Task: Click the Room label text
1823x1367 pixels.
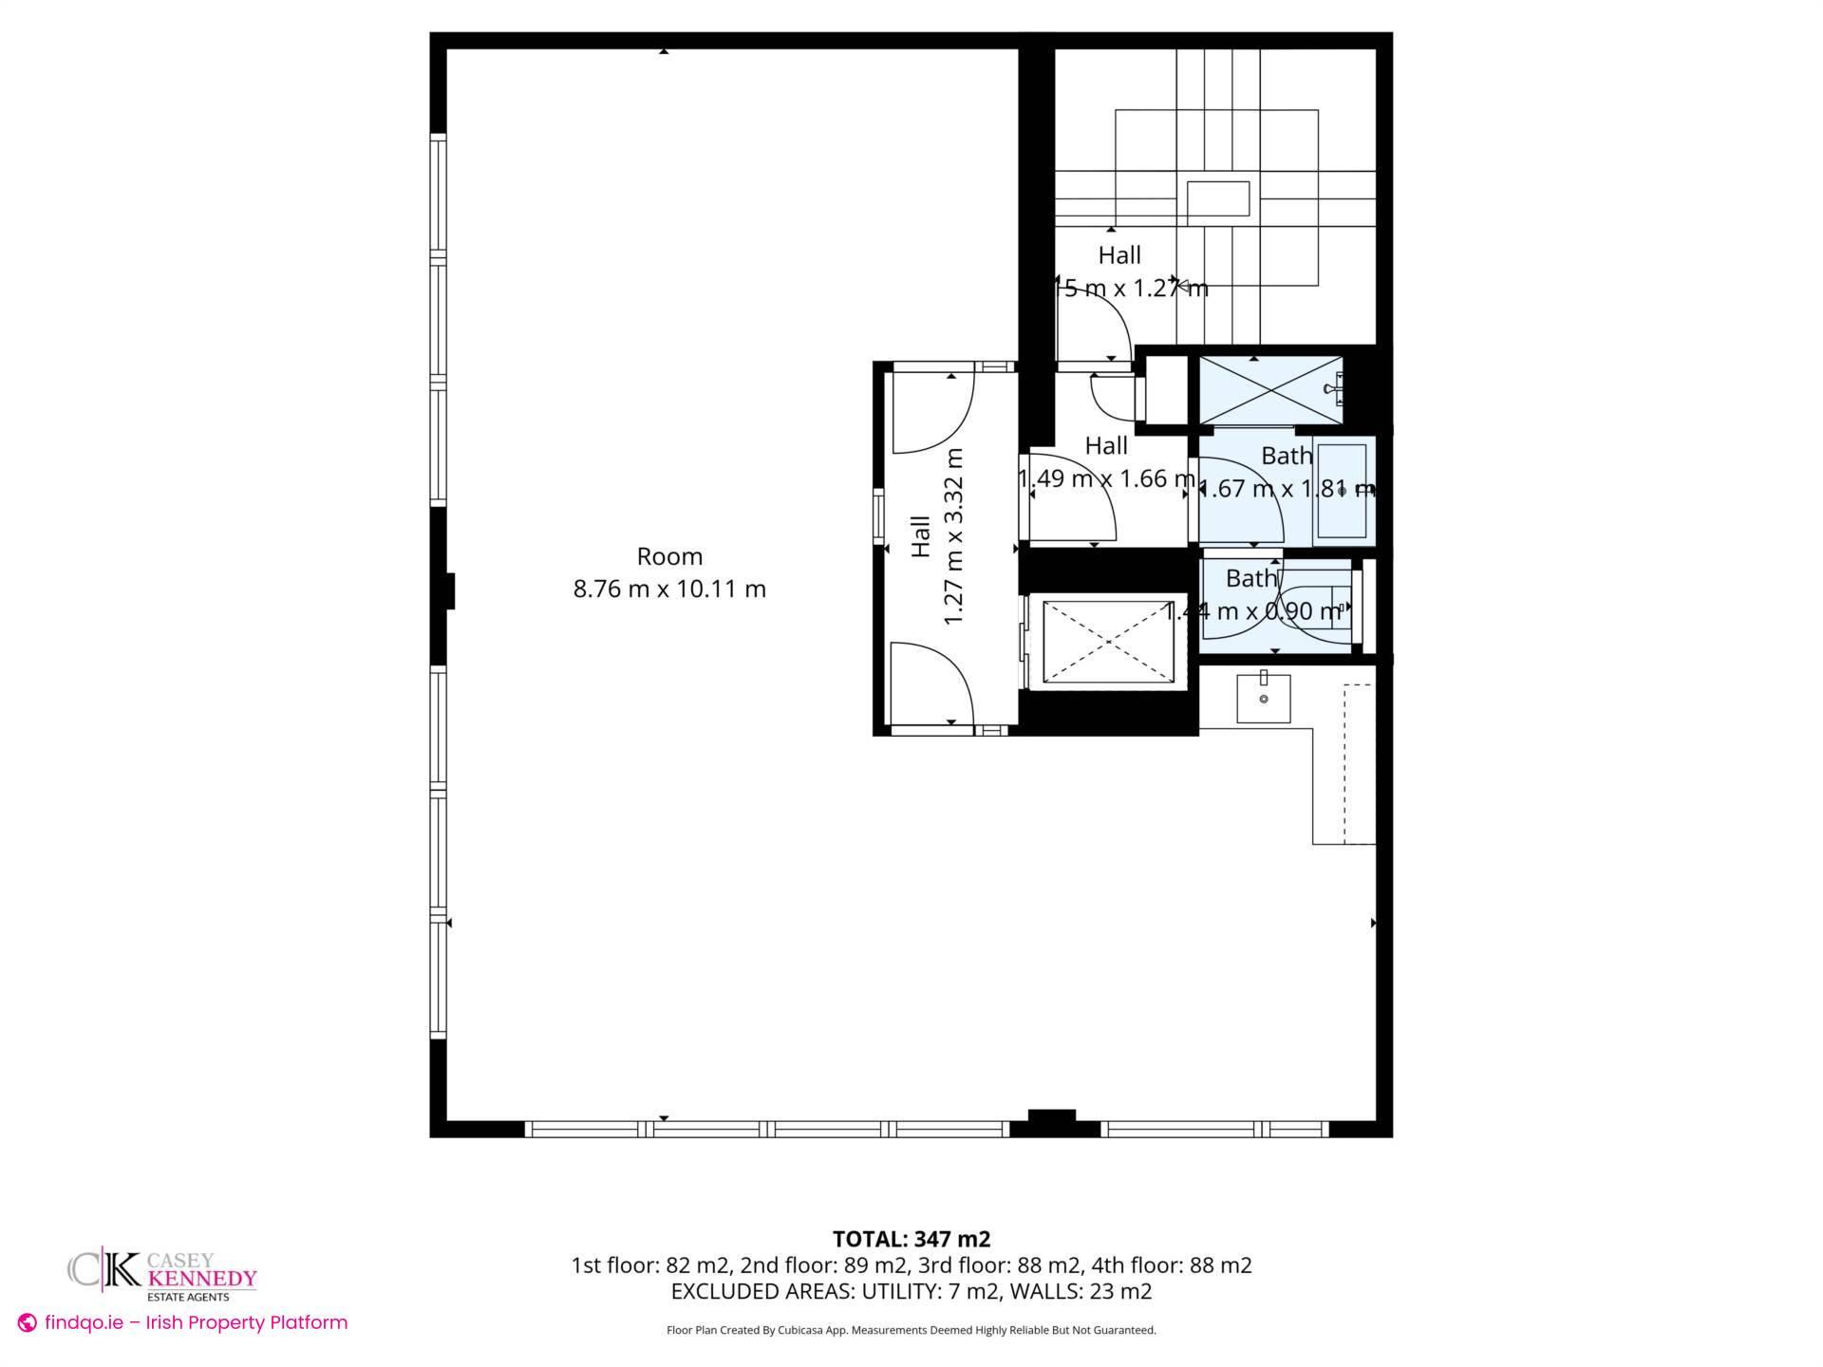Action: (x=669, y=556)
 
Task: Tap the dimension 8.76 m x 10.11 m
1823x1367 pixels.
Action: (x=669, y=589)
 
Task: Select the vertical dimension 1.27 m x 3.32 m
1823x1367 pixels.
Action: (x=953, y=536)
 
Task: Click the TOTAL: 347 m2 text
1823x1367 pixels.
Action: (x=911, y=1239)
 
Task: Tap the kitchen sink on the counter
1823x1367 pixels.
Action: (x=1264, y=698)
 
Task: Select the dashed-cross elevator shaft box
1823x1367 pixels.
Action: (x=1108, y=642)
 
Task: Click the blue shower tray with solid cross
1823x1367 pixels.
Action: (x=1270, y=391)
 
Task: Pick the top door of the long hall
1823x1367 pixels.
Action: (x=930, y=413)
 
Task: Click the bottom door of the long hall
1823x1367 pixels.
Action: (x=930, y=683)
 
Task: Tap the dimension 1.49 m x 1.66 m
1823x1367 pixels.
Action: (x=1106, y=478)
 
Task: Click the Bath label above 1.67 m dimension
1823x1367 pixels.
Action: (x=1287, y=456)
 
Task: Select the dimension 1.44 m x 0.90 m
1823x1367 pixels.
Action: (x=1253, y=611)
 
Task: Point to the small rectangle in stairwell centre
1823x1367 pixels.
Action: (x=1218, y=199)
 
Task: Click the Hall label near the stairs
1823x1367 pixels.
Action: (x=1119, y=254)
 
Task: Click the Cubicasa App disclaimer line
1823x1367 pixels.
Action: (x=911, y=1330)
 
